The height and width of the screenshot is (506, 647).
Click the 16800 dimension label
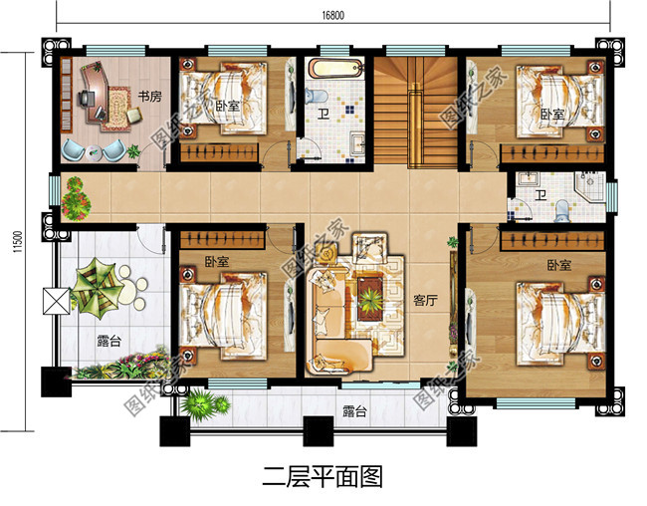point(333,13)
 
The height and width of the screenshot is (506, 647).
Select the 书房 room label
point(150,97)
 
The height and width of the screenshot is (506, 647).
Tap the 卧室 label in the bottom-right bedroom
point(558,266)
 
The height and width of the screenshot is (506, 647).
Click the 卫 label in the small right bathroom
point(540,194)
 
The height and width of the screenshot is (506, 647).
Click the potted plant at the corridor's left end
point(71,197)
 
